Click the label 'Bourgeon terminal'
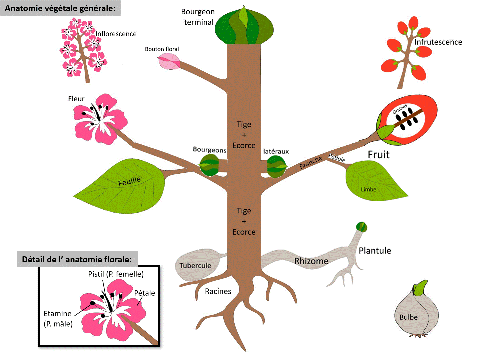tap(198, 17)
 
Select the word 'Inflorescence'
tap(116, 34)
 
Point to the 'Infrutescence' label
tap(438, 42)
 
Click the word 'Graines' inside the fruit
tap(400, 109)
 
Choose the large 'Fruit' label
tap(379, 155)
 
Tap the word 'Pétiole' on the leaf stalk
tap(337, 158)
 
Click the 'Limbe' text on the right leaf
tap(368, 190)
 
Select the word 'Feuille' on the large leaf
tap(129, 181)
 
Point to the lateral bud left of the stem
tap(209, 165)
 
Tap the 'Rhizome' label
tap(311, 261)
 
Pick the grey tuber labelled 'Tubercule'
tap(196, 265)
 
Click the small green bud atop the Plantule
tap(361, 227)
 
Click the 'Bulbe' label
tap(408, 317)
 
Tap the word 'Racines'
tap(218, 291)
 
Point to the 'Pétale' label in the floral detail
tap(145, 293)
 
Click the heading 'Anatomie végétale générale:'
tap(60, 8)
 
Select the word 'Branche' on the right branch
tap(311, 162)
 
